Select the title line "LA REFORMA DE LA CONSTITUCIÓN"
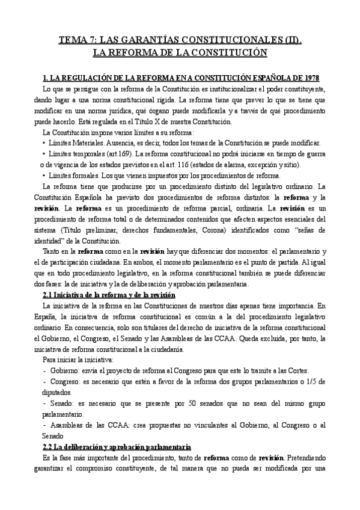pos(180,52)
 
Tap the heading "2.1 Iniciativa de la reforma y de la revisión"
pos(109,295)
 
